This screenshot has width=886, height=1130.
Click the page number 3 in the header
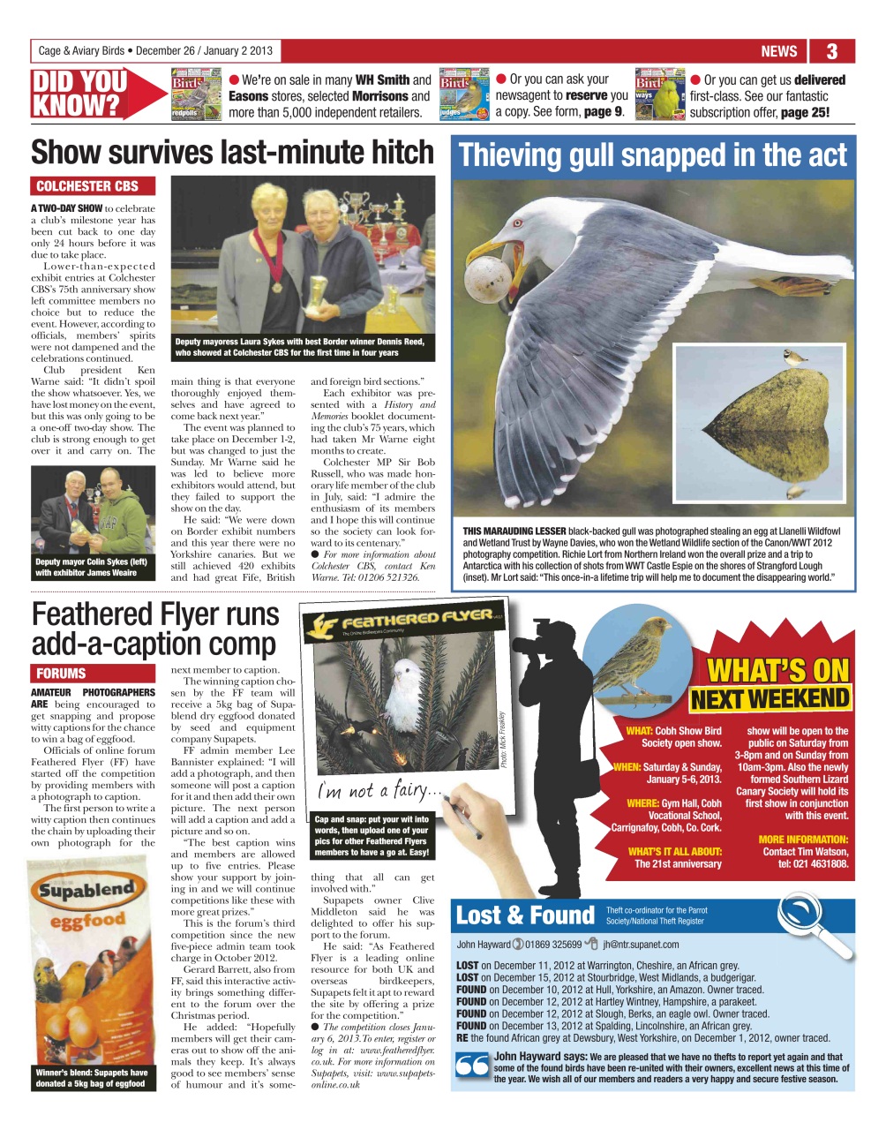831,51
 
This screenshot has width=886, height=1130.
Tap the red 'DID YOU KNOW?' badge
79,94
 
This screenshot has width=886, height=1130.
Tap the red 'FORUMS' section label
61,673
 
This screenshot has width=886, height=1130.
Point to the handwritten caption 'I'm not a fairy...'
374,788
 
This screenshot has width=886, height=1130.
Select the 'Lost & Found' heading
525,915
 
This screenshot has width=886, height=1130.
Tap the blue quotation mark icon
472,1066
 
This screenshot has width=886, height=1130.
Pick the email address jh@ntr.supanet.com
641,944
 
